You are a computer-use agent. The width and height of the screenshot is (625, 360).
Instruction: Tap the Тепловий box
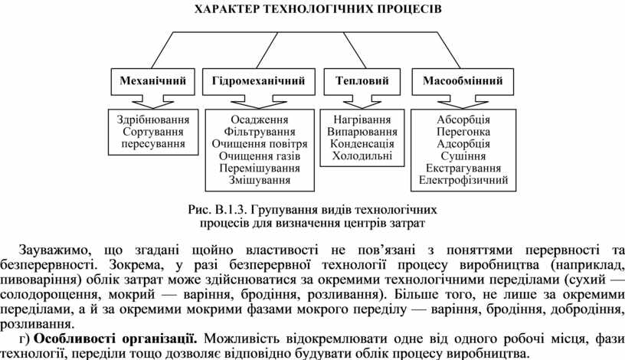tap(362, 80)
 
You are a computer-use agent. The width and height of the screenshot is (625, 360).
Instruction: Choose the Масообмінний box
tap(463, 80)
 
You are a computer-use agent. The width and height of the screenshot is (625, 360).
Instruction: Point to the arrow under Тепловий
tap(362, 101)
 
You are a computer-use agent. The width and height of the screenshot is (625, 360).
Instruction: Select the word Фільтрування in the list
tap(260, 132)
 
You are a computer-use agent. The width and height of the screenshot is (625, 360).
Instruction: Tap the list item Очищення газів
tap(260, 155)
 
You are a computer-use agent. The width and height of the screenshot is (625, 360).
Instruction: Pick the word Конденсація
tap(362, 143)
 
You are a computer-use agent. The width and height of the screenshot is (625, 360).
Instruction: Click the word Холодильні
tap(362, 155)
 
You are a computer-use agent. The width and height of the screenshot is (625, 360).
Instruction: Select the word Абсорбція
tap(463, 119)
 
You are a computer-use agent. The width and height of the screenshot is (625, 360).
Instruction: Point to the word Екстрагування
tap(463, 168)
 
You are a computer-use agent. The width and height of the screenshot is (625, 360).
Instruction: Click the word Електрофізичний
tap(463, 180)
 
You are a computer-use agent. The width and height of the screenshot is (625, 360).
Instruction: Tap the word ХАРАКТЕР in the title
tap(226, 9)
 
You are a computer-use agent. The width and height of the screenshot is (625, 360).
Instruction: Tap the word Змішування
tap(260, 180)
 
